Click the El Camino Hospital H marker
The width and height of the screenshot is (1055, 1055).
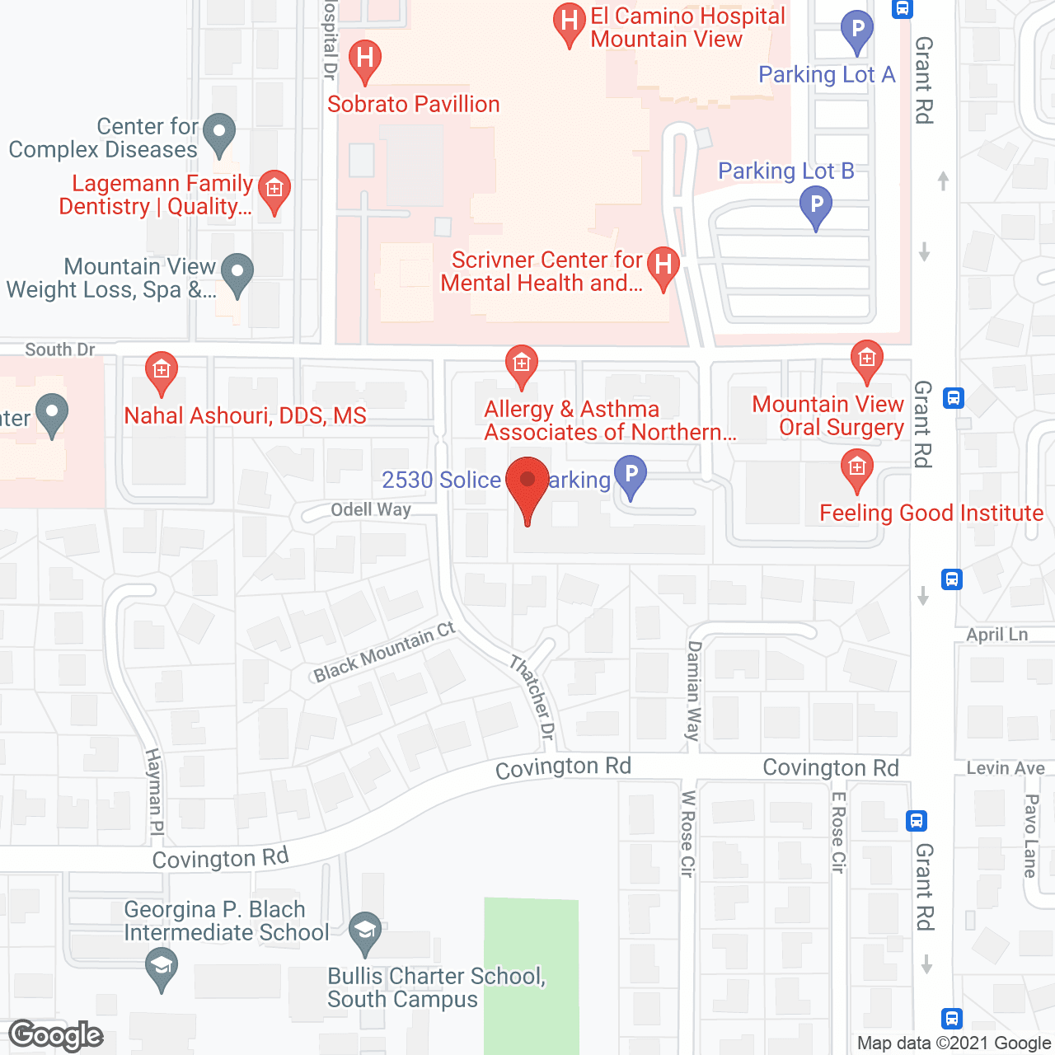point(569,21)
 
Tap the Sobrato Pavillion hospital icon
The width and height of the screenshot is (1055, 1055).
point(365,59)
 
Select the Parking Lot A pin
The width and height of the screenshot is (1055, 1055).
point(857,30)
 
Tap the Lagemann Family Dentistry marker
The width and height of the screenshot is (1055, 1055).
point(274,190)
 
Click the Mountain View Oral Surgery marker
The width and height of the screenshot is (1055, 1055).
point(866,359)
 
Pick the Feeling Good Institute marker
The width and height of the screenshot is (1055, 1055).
point(857,468)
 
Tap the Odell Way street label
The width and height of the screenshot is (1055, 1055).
point(371,509)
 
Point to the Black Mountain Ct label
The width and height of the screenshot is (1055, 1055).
point(384,652)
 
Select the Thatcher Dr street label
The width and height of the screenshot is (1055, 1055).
point(532,697)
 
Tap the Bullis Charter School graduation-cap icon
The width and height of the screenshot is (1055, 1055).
point(365,931)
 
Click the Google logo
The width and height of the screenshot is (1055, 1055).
point(56,1036)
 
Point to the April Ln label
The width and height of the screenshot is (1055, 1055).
point(996,635)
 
